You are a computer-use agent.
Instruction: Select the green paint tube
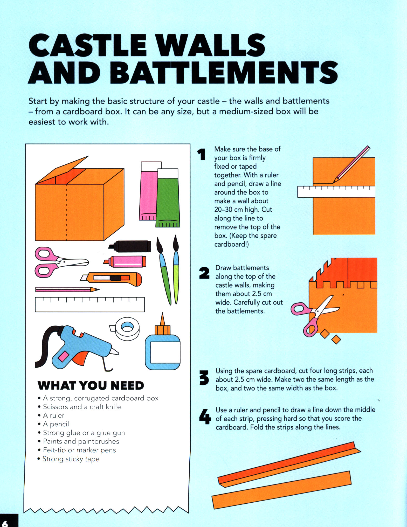pyautogui.click(x=168, y=198)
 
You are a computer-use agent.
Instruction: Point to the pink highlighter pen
pyautogui.click(x=125, y=261)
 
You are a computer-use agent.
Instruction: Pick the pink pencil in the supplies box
pyautogui.click(x=67, y=289)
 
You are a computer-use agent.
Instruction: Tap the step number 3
pyautogui.click(x=204, y=378)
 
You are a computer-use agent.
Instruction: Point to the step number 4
pyautogui.click(x=205, y=417)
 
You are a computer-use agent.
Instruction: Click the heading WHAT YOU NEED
pyautogui.click(x=91, y=386)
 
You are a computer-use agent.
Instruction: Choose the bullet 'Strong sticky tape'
pyautogui.click(x=68, y=459)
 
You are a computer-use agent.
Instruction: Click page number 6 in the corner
pyautogui.click(x=5, y=523)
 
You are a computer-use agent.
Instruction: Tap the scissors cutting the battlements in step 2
pyautogui.click(x=315, y=315)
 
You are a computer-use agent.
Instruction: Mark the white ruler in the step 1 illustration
pyautogui.click(x=336, y=192)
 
